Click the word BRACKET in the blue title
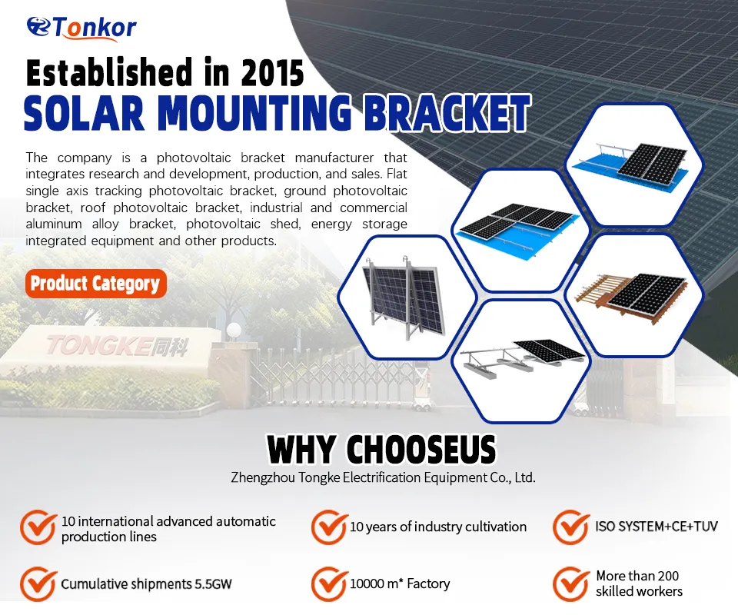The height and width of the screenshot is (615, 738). point(447,113)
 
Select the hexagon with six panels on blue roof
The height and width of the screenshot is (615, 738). point(520,228)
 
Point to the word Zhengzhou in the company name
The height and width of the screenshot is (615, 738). point(261,477)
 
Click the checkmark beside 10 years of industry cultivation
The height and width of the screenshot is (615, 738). point(328,527)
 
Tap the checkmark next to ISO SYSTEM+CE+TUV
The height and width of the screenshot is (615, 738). point(571,527)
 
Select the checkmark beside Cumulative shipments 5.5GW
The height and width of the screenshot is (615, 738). point(37,583)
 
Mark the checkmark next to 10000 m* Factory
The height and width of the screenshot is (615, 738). point(328,584)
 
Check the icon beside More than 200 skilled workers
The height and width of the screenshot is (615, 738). point(571,584)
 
